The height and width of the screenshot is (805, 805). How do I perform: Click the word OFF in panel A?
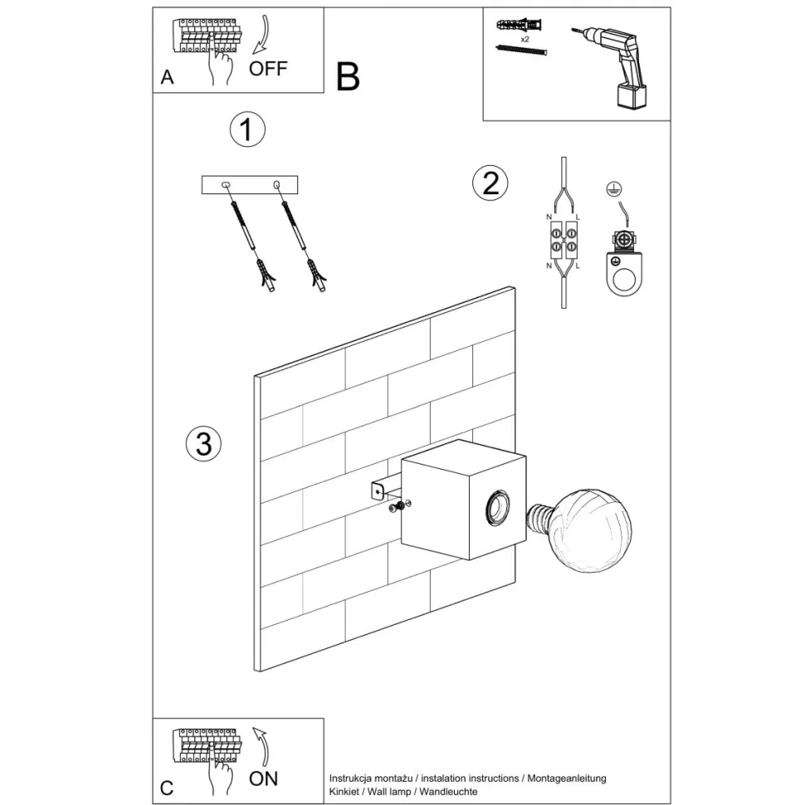[x=268, y=69]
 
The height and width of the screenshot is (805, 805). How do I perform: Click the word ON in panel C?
[x=264, y=778]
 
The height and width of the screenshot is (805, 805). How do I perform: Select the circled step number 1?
[x=246, y=130]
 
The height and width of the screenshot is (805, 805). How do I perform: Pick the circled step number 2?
[x=490, y=183]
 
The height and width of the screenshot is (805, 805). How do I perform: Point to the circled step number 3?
[x=204, y=444]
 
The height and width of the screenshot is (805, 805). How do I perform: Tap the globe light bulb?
[x=591, y=528]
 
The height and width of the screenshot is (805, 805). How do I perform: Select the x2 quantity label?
[x=524, y=38]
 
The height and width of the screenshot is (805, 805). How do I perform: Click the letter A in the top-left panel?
[x=168, y=78]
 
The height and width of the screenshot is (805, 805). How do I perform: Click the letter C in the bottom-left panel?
[x=168, y=788]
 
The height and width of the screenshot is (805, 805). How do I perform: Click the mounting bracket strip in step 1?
[x=249, y=184]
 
